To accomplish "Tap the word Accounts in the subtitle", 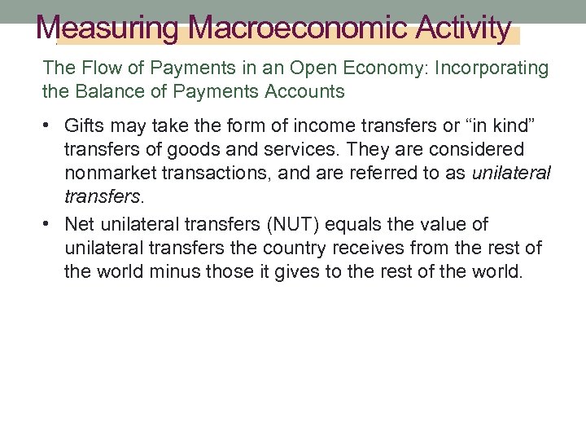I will pyautogui.click(x=307, y=91).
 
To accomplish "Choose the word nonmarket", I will pyautogui.click(x=107, y=173).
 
